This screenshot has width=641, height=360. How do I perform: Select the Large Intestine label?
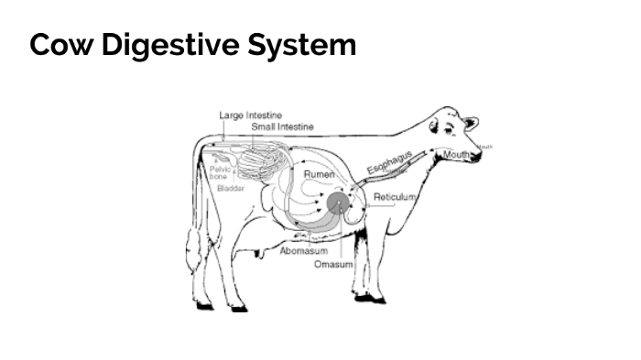click(x=250, y=115)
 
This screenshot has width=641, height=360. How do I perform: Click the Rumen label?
click(x=320, y=174)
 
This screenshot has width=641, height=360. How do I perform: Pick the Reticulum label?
click(x=396, y=197)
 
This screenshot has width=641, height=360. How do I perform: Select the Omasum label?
click(x=333, y=264)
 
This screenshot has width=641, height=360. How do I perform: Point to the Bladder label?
click(x=231, y=188)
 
